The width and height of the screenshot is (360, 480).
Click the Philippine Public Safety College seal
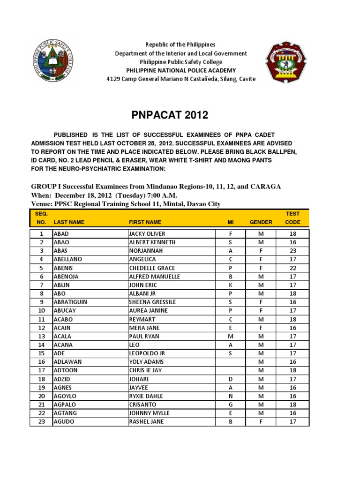[x=52, y=62]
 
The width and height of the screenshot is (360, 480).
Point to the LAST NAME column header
[x=69, y=222]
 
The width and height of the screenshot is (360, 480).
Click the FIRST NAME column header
[x=145, y=222]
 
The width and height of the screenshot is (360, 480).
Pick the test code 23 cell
[x=292, y=251]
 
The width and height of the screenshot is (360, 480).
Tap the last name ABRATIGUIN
[x=70, y=302]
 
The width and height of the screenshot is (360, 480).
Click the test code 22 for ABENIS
[x=292, y=268]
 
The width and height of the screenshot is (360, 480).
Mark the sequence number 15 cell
[x=41, y=353]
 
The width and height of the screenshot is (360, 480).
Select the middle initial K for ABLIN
[x=230, y=285]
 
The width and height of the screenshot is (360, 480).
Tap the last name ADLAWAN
[x=67, y=362]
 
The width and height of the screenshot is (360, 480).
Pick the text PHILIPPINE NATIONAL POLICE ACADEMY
[x=181, y=70]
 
